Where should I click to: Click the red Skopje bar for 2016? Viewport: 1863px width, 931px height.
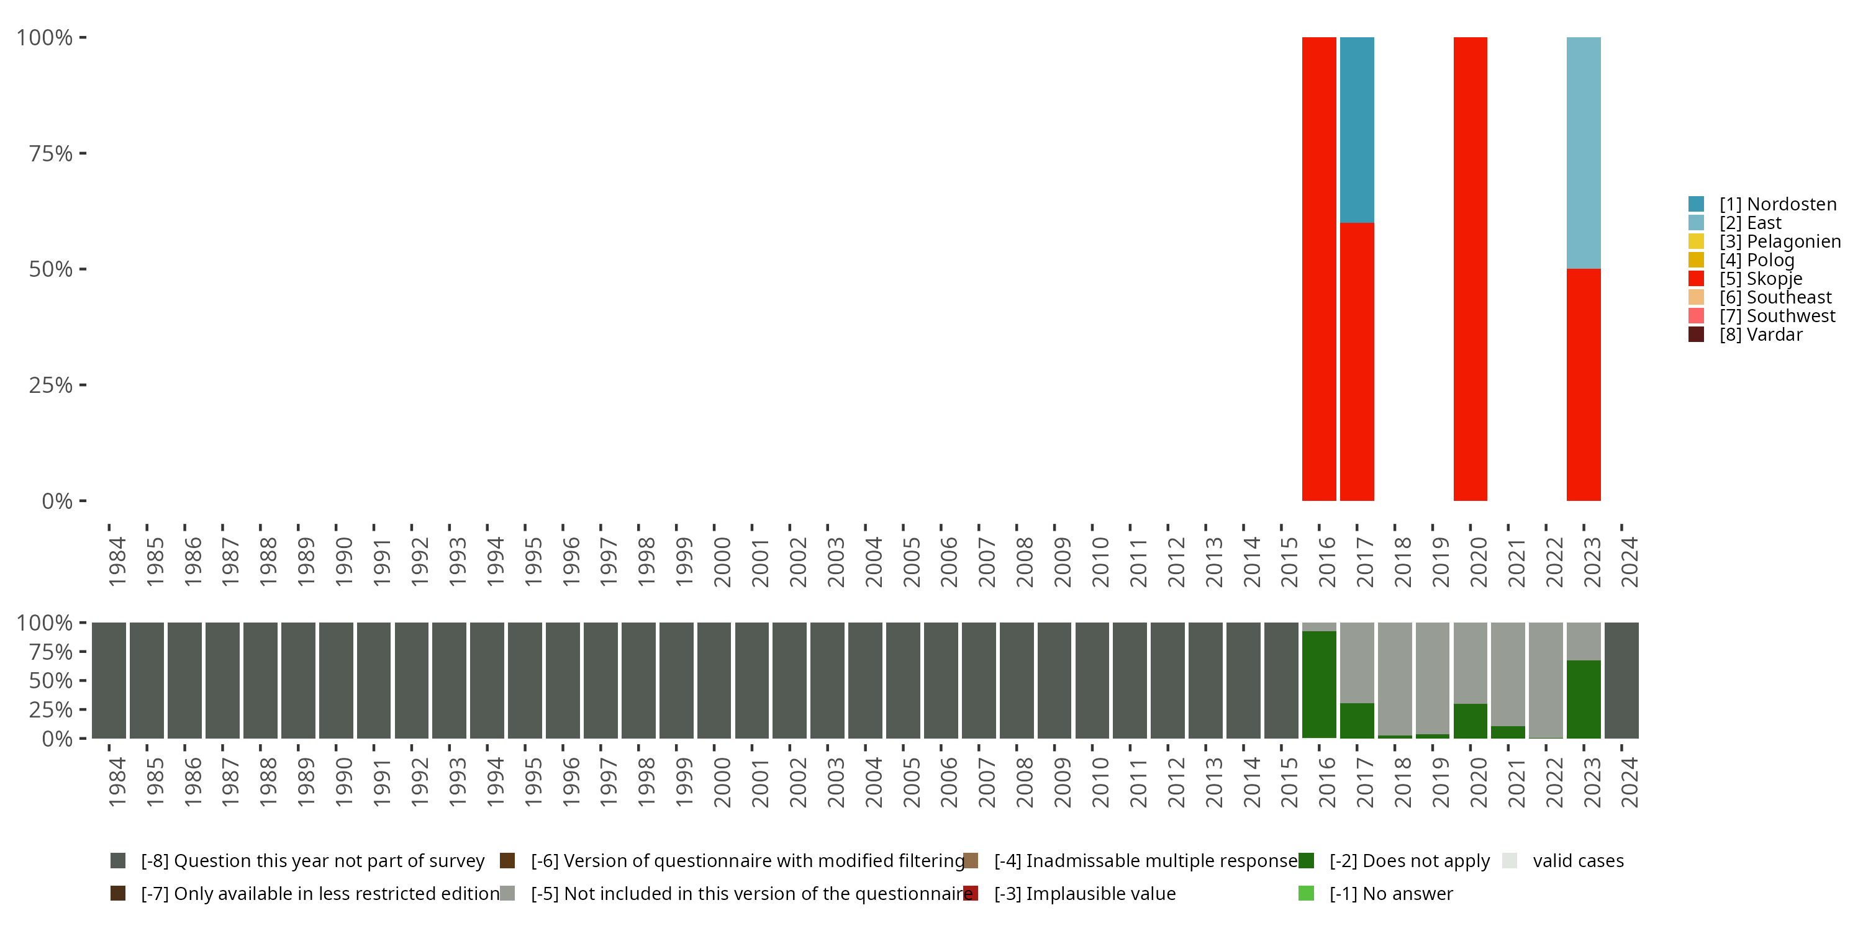point(1318,269)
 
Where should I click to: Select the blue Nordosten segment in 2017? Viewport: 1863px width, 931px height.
point(1357,130)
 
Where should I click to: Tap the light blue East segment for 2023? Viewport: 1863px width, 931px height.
point(1583,153)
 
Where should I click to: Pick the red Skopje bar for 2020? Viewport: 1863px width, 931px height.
point(1469,269)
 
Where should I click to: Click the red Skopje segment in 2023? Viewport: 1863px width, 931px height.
point(1583,385)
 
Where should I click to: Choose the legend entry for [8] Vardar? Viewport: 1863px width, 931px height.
point(1761,335)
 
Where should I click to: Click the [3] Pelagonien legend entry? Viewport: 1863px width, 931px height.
point(1779,241)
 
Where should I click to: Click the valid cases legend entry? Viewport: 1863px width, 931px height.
point(1577,861)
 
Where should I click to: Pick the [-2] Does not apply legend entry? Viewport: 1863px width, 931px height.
point(1409,861)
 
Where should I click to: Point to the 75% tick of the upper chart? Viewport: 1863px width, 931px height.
point(51,153)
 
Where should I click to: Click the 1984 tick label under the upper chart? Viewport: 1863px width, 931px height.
point(117,562)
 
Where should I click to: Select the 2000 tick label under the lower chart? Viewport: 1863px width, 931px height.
point(722,782)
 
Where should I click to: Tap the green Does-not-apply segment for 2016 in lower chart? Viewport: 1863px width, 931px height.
point(1318,685)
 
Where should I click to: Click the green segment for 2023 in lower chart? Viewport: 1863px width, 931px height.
point(1583,699)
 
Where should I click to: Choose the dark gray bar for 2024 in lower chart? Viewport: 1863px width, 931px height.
point(1621,680)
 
